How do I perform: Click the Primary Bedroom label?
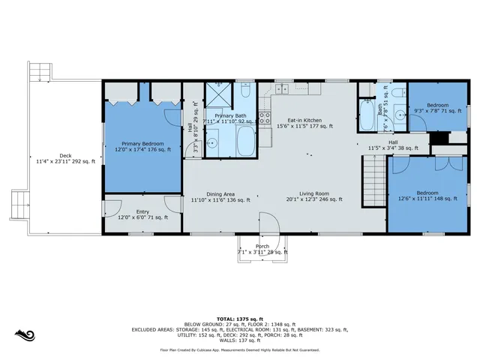coord(142,145)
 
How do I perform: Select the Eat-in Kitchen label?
coord(304,123)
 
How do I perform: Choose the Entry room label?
coord(142,214)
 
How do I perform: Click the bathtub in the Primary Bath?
coord(245,140)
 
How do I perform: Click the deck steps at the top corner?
coord(39,73)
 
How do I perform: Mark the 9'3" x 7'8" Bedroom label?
coord(437,107)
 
